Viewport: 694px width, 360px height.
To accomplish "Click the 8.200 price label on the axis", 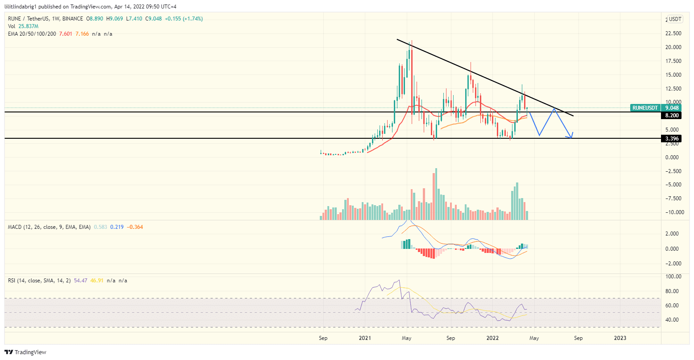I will coord(671,116).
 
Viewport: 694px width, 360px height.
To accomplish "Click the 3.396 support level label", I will coord(671,139).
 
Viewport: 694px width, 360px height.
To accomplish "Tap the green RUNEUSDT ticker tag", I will coord(645,108).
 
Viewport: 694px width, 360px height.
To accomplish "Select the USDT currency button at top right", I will coord(675,19).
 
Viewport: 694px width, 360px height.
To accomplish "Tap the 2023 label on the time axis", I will coord(620,338).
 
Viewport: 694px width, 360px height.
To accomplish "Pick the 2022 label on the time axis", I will coord(492,338).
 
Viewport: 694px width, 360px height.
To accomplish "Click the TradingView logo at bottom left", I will coord(26,352).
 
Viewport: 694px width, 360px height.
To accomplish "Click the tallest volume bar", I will coord(436,194).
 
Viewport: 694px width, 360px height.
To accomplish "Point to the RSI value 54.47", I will coord(79,281).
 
